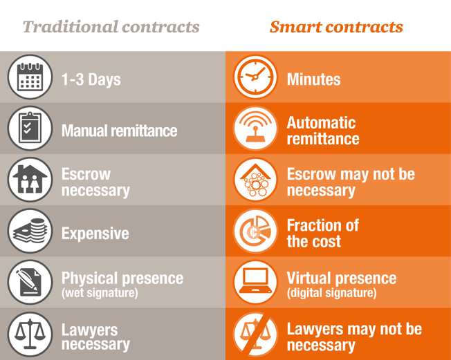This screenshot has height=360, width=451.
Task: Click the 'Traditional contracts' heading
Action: pyautogui.click(x=111, y=27)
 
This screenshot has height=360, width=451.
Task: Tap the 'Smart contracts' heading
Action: pyautogui.click(x=336, y=27)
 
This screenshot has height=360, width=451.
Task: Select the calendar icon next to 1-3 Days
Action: pyautogui.click(x=30, y=77)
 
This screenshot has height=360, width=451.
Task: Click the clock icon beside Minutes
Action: pyautogui.click(x=255, y=77)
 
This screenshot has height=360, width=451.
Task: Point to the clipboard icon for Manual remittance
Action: pyautogui.click(x=30, y=128)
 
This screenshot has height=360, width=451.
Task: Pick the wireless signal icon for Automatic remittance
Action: pyautogui.click(x=255, y=128)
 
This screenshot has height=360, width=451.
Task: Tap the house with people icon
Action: pyautogui.click(x=30, y=180)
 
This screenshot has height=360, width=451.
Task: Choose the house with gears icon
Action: pyautogui.click(x=255, y=180)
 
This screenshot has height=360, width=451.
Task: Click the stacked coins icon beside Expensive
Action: pyautogui.click(x=30, y=231)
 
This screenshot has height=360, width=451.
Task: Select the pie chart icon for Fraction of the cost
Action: pyautogui.click(x=255, y=231)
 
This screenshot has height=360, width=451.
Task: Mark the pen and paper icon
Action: pyautogui.click(x=30, y=282)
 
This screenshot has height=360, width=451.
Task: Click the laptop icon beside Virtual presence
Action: pyautogui.click(x=255, y=282)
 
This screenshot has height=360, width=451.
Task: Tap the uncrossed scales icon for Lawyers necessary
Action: pyautogui.click(x=30, y=334)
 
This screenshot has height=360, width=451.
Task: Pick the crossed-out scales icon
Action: pyautogui.click(x=255, y=334)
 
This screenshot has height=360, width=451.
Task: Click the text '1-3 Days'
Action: pyautogui.click(x=91, y=79)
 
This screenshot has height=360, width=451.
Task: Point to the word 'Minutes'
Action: pyautogui.click(x=314, y=79)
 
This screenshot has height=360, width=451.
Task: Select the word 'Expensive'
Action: pyautogui.click(x=95, y=234)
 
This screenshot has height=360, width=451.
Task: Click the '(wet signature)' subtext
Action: pyautogui.click(x=100, y=293)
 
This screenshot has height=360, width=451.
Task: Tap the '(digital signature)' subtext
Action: pyautogui.click(x=331, y=293)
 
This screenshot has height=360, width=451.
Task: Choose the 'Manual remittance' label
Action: pyautogui.click(x=120, y=131)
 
